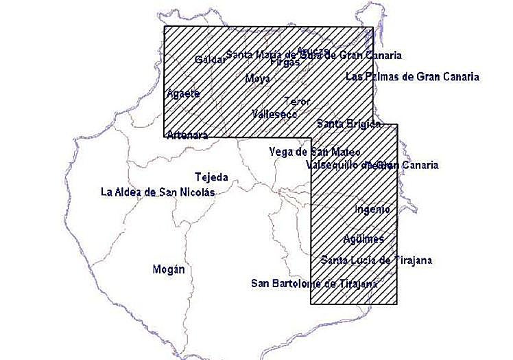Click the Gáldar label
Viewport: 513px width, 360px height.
[x=210, y=60]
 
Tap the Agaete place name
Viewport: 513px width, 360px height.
[x=183, y=93]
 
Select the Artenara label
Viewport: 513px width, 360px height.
[x=187, y=135]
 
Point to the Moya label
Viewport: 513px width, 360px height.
[x=257, y=78]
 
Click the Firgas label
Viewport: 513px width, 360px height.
[x=285, y=62]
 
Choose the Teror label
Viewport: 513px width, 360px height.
[x=297, y=102]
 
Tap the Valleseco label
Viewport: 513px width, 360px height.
[x=274, y=114]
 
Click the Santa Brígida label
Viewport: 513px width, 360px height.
[x=348, y=124]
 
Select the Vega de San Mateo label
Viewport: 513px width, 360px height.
[x=305, y=151]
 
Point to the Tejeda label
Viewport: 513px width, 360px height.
[x=211, y=177]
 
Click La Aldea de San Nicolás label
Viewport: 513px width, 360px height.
[x=158, y=192]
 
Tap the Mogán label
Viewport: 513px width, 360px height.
[x=169, y=269]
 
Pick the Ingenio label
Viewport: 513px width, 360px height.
[x=372, y=209]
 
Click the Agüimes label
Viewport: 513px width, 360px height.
[x=363, y=239]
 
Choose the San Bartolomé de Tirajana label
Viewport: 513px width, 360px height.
[x=315, y=282]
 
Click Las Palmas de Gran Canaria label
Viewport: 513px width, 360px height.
[x=412, y=76]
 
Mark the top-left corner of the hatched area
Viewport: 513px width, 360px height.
[x=165, y=27]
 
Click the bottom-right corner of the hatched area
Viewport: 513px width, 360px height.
[x=397, y=304]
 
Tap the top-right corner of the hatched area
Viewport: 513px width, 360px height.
[x=373, y=27]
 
